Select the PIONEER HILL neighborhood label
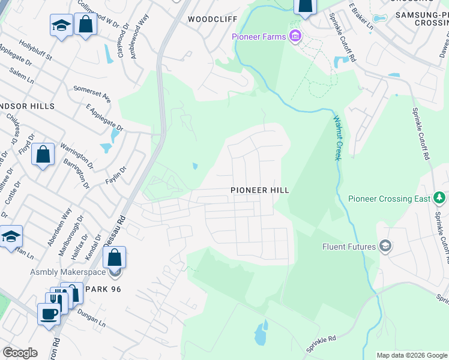click(x=260, y=190)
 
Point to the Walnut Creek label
click(x=337, y=139)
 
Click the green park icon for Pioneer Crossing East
click(x=439, y=198)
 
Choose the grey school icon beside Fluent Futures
click(x=385, y=246)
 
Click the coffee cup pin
click(x=49, y=313)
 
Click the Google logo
click(x=20, y=353)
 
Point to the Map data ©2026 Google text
click(x=412, y=355)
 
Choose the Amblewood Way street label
click(x=142, y=44)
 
